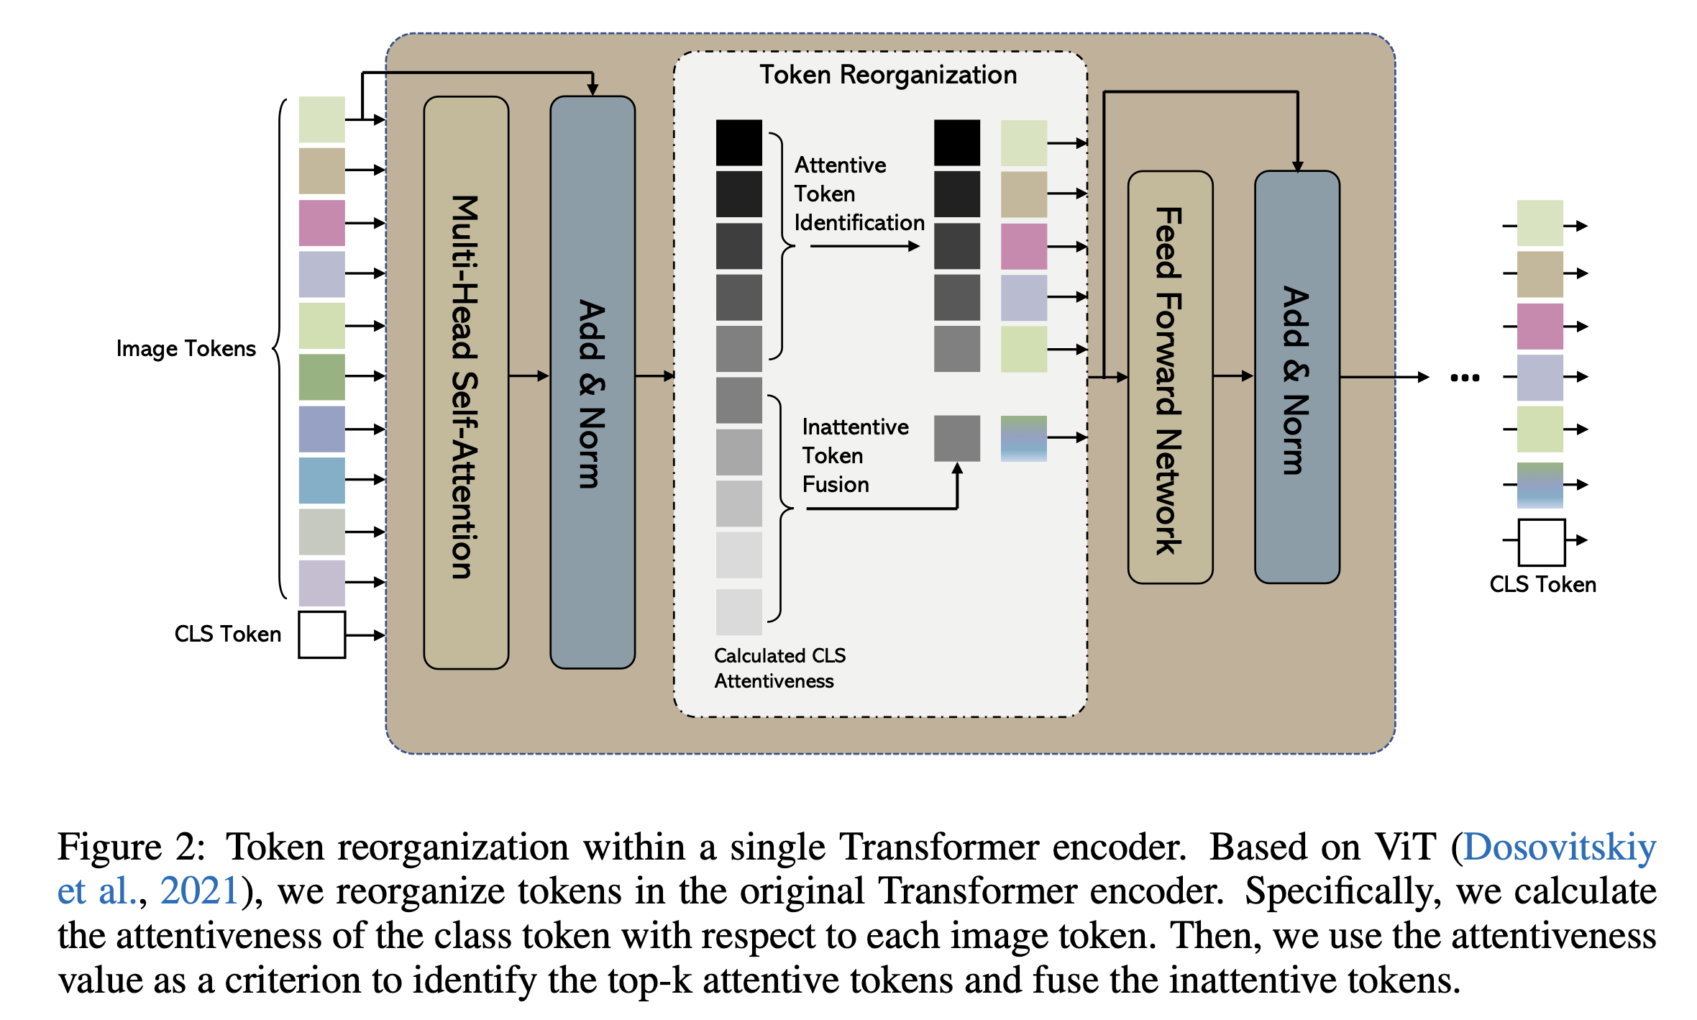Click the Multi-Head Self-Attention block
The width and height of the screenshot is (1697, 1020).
tap(466, 383)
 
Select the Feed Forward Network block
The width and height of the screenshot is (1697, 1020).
tap(1170, 377)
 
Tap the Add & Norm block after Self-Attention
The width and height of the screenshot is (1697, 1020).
tap(593, 383)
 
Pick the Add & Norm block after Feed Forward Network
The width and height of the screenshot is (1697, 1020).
tap(1297, 377)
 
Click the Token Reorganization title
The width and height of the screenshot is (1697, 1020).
tap(888, 75)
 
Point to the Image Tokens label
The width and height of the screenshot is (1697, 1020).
tap(186, 349)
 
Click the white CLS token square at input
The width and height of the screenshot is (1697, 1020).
tap(322, 634)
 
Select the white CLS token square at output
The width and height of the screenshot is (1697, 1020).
tap(1542, 542)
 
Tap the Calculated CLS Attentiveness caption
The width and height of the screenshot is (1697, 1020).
tap(780, 668)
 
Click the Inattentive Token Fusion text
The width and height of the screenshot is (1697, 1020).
tap(855, 455)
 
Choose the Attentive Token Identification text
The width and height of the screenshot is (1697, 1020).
tap(859, 193)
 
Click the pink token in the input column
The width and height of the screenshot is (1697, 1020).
tap(322, 223)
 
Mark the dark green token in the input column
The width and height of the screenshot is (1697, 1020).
tap(322, 377)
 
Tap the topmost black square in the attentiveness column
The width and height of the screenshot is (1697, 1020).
tap(739, 142)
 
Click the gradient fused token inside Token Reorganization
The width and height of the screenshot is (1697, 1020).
tap(1024, 438)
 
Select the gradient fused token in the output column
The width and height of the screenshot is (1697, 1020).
tap(1540, 486)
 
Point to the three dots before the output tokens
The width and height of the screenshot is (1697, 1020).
tap(1465, 378)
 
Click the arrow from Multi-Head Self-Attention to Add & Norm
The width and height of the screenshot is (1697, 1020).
tap(529, 375)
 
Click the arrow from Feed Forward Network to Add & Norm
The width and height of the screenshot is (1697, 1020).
tap(1234, 375)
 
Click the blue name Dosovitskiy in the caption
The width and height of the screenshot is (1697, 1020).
tap(1560, 847)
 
